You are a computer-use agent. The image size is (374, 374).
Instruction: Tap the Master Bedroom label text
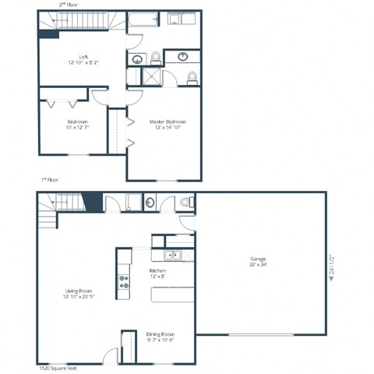[x=168, y=122]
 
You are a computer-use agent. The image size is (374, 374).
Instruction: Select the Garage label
[x=258, y=259]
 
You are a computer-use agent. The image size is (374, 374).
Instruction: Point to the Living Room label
[x=80, y=291]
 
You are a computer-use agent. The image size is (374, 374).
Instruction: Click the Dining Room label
[x=160, y=334]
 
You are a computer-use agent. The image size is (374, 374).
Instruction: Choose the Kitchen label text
[x=158, y=270]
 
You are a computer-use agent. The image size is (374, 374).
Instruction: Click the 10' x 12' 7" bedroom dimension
[x=77, y=128]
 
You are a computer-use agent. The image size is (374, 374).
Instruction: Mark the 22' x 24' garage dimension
[x=258, y=265]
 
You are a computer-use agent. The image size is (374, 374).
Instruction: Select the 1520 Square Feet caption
[x=54, y=367]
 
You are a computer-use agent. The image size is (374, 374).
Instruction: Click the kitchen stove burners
[x=123, y=282]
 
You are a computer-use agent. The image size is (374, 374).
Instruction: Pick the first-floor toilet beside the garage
[x=185, y=203]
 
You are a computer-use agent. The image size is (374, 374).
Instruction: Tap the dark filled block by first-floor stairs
[x=91, y=201]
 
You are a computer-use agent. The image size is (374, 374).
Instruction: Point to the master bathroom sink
[x=184, y=56]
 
